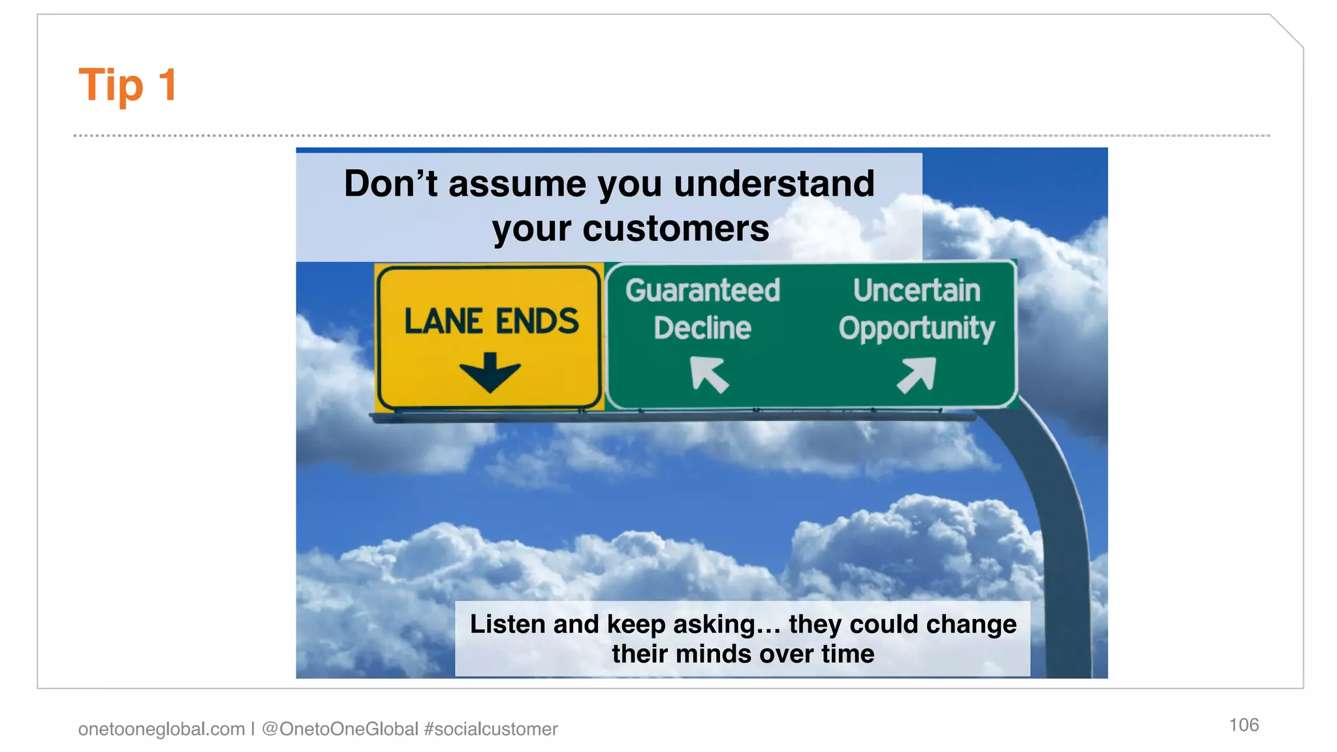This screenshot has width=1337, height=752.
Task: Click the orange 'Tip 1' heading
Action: coord(127,85)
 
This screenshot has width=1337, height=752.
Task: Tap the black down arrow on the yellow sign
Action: coord(490,372)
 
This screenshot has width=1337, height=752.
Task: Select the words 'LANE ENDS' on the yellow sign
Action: coord(491,321)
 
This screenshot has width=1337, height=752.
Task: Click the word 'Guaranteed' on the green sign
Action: coord(702,290)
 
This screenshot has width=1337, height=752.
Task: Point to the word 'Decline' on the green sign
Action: coord(702,328)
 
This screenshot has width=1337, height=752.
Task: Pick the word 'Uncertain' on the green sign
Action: coord(917,290)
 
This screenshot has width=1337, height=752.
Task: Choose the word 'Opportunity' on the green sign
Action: coord(917,328)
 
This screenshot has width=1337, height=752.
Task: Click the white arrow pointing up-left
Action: coord(709,374)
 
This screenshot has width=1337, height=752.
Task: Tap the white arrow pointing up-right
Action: coord(917,375)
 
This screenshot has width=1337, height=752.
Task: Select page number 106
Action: coord(1244,725)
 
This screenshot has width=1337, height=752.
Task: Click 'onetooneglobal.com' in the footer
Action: coord(161,729)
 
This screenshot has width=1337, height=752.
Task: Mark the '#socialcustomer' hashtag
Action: coord(491,729)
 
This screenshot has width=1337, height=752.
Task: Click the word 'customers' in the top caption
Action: coord(676,228)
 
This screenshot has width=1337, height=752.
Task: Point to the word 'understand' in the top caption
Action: coord(774,183)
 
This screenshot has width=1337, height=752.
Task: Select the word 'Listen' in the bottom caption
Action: coord(508,624)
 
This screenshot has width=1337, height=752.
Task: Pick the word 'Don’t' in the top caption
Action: coord(390,183)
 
